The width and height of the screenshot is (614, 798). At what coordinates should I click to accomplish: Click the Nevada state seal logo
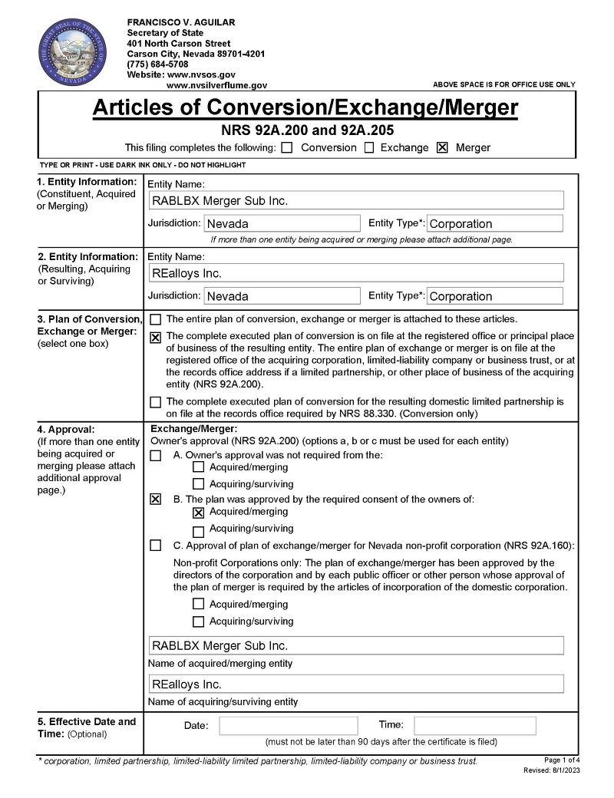pyautogui.click(x=71, y=54)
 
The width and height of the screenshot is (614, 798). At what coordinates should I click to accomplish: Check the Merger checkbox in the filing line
pyautogui.click(x=442, y=148)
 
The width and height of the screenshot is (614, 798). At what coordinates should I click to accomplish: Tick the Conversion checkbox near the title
pyautogui.click(x=287, y=148)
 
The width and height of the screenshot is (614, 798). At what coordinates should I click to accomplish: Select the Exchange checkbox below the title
pyautogui.click(x=369, y=148)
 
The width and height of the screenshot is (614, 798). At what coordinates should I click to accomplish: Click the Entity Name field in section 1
pyautogui.click(x=357, y=201)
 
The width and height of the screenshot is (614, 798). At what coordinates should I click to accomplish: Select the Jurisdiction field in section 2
pyautogui.click(x=282, y=296)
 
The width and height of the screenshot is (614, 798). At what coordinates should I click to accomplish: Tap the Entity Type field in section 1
pyautogui.click(x=494, y=224)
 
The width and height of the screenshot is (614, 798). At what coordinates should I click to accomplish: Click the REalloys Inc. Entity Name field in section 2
pyautogui.click(x=357, y=273)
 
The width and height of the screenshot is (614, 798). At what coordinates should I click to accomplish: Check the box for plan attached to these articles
pyautogui.click(x=156, y=319)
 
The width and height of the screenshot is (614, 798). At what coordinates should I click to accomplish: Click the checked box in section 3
pyautogui.click(x=156, y=337)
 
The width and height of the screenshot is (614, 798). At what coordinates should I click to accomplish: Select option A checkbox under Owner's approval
pyautogui.click(x=156, y=456)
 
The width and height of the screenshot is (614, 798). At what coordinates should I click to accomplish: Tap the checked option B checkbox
pyautogui.click(x=156, y=500)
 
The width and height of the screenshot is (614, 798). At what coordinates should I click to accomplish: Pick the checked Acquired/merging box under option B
pyautogui.click(x=199, y=513)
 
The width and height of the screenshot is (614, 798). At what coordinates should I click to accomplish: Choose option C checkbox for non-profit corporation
pyautogui.click(x=156, y=546)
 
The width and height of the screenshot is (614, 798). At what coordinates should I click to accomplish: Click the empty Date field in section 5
pyautogui.click(x=289, y=726)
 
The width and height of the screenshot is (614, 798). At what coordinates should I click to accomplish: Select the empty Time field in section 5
pyautogui.click(x=475, y=726)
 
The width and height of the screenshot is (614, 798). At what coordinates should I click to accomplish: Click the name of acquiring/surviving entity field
pyautogui.click(x=355, y=684)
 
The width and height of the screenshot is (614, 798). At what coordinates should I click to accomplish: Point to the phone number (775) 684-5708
pyautogui.click(x=157, y=64)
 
